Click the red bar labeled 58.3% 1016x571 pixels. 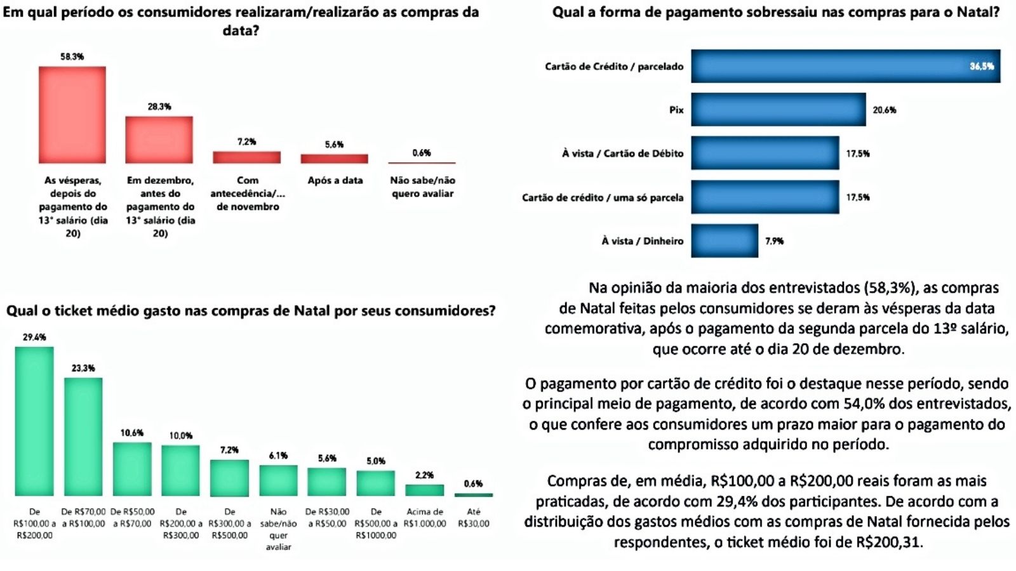coord(72,115)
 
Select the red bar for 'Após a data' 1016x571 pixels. coord(334,159)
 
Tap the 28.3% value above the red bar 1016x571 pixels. coord(159,107)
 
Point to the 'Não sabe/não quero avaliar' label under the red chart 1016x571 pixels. coord(422,187)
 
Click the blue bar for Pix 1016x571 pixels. coord(778,110)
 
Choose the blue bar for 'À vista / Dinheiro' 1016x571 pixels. coord(725,240)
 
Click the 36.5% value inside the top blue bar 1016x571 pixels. coord(981,67)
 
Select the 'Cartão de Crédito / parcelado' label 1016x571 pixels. coord(614,67)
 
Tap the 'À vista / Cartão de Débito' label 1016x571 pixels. coord(622,154)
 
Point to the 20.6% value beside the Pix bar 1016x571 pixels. coord(884,110)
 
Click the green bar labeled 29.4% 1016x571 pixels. coord(34,421)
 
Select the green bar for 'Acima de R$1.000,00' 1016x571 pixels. coord(425,490)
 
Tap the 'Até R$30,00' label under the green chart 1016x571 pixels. coord(474,518)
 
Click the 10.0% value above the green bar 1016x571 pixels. coord(180,436)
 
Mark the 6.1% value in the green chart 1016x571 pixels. coord(278,456)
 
